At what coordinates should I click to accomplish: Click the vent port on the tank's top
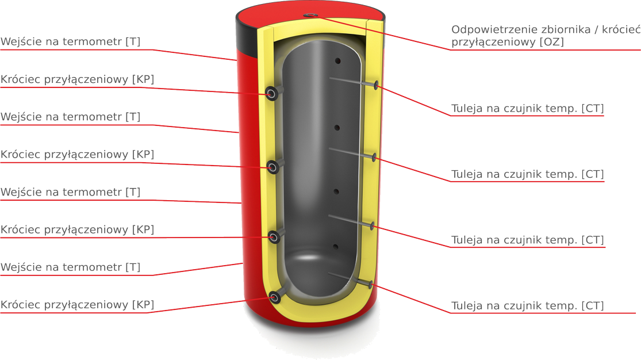[x=311, y=15]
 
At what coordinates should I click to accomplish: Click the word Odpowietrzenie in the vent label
[x=488, y=30]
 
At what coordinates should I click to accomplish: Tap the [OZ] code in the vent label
[x=552, y=42]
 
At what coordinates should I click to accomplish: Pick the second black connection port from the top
[x=272, y=167]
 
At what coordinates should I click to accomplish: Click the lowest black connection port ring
[x=275, y=297]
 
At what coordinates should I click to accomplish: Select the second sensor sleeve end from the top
[x=374, y=156]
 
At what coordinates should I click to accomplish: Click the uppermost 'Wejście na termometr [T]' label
[x=70, y=42]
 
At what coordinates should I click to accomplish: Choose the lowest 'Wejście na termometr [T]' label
[x=70, y=267]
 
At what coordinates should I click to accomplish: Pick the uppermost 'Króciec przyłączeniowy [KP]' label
[x=77, y=79]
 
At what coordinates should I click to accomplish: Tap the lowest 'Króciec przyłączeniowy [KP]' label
[x=77, y=305]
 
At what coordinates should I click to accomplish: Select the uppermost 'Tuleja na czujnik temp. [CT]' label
[x=527, y=109]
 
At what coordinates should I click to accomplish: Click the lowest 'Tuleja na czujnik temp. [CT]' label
[x=527, y=306]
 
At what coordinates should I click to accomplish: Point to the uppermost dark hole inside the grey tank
[x=337, y=60]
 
